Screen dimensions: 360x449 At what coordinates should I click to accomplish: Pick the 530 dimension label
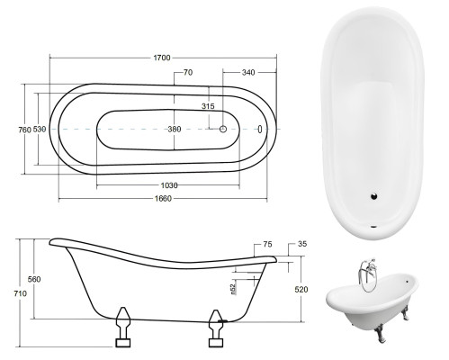tap(40, 130)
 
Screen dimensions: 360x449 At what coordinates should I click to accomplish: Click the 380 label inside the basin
tap(174, 130)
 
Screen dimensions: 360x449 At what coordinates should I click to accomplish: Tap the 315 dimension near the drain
tap(209, 107)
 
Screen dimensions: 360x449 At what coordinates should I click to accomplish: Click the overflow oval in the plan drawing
tap(260, 130)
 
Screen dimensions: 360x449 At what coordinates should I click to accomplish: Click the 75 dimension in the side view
tap(267, 244)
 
